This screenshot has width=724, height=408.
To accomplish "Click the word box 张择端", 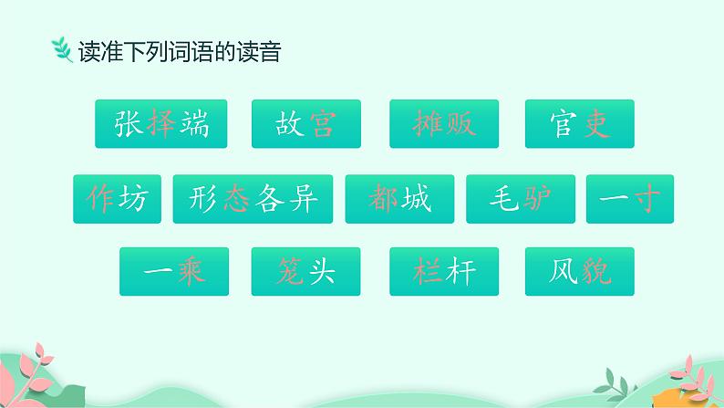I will click(161, 124).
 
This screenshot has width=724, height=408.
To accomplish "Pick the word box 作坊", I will click(117, 198).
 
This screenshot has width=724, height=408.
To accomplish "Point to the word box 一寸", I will click(630, 198).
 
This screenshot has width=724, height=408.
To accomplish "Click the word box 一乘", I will click(174, 270).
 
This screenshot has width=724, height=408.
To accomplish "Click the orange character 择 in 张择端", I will click(161, 124).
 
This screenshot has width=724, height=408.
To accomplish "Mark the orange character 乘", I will click(191, 270).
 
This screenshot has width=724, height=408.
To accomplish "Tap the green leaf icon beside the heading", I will click(62, 51).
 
